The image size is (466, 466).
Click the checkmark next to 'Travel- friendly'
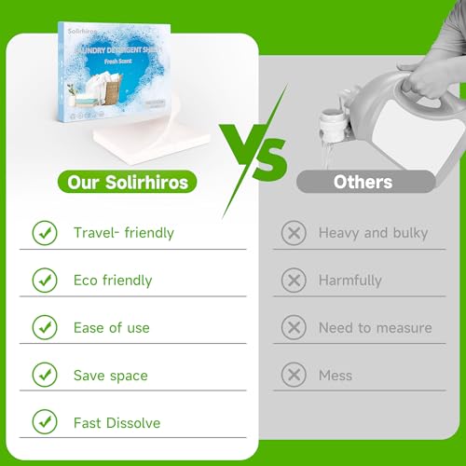(x=45, y=232)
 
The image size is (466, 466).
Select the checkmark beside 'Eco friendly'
(x=45, y=280)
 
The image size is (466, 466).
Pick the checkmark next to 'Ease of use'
(x=45, y=327)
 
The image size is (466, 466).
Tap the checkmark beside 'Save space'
(x=45, y=375)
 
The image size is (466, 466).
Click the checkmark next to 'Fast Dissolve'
(x=45, y=422)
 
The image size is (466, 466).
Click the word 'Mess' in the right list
(x=336, y=375)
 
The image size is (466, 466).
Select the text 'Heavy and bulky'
(x=374, y=232)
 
